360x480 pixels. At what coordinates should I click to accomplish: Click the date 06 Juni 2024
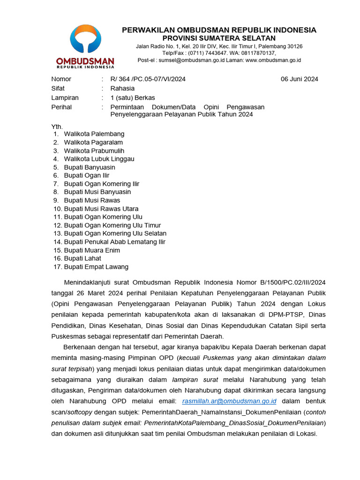pos(299,79)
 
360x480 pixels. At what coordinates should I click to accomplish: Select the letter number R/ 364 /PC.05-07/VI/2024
pos(148,79)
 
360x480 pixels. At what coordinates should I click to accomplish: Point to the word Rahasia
pos(122,89)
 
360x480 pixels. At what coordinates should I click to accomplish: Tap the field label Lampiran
pos(65,98)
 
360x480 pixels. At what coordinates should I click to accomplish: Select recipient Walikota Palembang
pos(94,134)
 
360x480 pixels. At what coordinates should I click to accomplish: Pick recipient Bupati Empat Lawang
pos(96,267)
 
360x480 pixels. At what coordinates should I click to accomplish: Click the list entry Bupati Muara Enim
pos(92,250)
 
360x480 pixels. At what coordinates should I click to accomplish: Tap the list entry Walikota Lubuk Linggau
pos(99,159)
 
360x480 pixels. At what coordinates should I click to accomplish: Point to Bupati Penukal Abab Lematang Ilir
pos(114,242)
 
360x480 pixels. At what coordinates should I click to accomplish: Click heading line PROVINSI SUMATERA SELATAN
pos(219,38)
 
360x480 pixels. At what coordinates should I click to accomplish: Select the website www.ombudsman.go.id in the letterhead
pos(273,60)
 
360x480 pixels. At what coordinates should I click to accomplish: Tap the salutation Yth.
pos(56,127)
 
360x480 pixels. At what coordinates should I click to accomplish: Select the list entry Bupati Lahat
pos(82,259)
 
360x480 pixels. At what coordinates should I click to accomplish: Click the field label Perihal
pos(61,107)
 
